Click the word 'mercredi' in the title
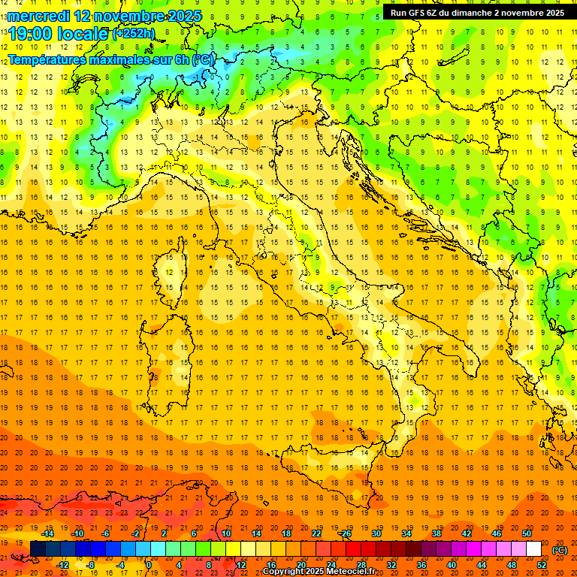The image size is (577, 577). click(38, 15)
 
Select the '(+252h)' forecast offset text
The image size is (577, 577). click(134, 33)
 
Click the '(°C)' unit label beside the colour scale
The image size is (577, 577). click(560, 549)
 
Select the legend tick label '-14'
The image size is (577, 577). click(47, 533)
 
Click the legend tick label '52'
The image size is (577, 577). click(542, 565)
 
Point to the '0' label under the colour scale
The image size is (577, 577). click(149, 565)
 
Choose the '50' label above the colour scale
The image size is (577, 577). click(527, 533)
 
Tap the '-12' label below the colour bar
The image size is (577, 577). click(63, 565)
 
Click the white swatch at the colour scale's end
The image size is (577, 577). click(533, 549)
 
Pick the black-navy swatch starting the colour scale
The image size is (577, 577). click(38, 549)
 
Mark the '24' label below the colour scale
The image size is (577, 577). click(331, 565)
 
